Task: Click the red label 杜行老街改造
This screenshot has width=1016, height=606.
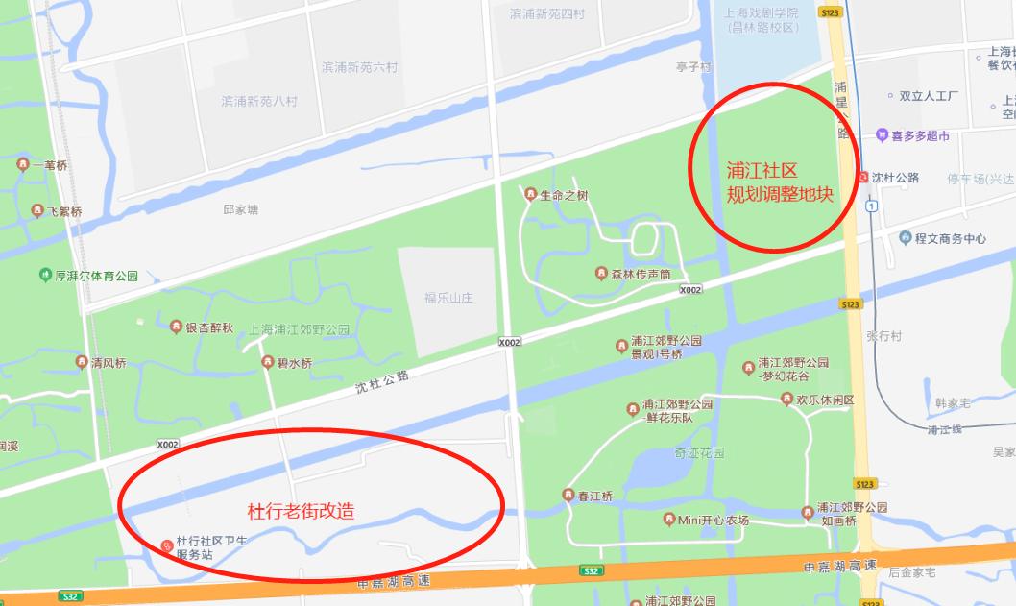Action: click(301, 511)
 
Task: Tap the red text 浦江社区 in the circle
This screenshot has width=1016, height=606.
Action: click(762, 171)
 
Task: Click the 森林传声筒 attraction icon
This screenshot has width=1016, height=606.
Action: click(601, 274)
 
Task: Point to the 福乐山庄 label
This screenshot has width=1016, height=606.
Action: click(448, 298)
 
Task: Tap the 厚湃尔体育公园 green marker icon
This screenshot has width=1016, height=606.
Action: click(45, 276)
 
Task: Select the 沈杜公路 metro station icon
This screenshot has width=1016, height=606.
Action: click(863, 178)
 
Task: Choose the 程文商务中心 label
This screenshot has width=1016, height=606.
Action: click(950, 238)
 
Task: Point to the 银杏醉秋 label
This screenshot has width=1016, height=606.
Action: click(208, 327)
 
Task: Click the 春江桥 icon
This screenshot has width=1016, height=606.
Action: click(568, 496)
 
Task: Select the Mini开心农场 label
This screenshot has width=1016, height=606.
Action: click(713, 521)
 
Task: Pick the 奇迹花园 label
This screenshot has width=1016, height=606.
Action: click(698, 452)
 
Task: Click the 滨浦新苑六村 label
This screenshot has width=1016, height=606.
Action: click(359, 67)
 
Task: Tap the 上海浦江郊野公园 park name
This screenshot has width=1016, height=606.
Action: click(300, 329)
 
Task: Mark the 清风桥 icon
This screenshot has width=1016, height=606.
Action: click(82, 362)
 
